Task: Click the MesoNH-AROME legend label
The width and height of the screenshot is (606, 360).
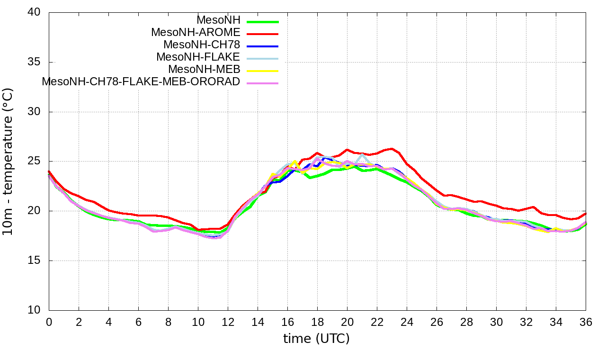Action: (196, 32)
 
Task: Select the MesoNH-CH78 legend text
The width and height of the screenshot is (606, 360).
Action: (202, 45)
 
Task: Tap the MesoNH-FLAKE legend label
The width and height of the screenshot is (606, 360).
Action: (198, 57)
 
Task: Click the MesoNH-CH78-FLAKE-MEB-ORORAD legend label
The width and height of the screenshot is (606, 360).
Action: (141, 81)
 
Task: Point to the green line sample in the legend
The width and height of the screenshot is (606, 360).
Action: (261, 21)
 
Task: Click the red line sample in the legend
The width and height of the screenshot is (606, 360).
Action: (261, 34)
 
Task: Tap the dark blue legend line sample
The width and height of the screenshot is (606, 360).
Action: (261, 46)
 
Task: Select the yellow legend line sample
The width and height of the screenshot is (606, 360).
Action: (261, 71)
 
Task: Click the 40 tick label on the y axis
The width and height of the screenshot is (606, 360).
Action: (34, 12)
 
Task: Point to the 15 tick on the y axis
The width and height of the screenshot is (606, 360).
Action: (34, 261)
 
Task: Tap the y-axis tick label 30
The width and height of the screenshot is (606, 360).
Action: (34, 112)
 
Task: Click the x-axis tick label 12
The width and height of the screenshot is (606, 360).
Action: (228, 322)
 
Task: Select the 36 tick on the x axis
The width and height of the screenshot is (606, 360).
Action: (586, 322)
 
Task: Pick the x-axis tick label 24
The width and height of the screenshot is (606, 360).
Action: (407, 322)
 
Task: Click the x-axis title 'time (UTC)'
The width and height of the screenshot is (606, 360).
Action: (316, 339)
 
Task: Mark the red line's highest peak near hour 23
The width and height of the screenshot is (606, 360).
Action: (392, 149)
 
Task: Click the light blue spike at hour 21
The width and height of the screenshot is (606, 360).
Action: (362, 154)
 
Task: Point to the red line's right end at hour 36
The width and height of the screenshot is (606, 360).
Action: (586, 214)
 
